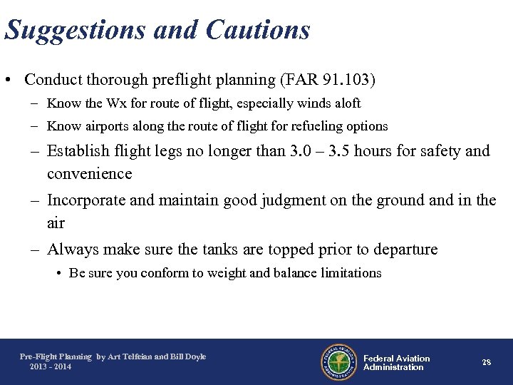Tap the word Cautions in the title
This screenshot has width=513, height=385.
(257, 30)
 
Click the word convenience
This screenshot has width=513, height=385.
(90, 174)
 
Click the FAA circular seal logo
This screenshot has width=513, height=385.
(338, 362)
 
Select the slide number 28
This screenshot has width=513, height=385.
(486, 362)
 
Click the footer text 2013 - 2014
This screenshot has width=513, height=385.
(50, 366)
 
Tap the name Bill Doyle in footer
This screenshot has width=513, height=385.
(188, 356)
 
